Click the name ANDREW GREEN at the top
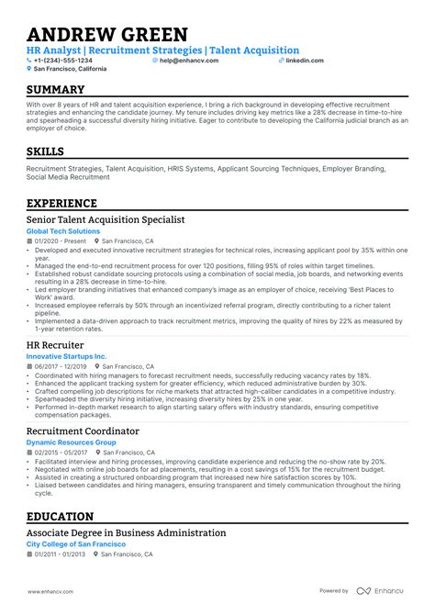106,35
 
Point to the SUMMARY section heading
56,90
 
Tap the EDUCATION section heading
61,517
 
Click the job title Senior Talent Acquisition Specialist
106,220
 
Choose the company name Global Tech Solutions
62,231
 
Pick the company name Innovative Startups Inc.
67,356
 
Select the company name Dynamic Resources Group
72,442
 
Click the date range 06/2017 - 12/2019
61,365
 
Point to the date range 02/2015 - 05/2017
61,453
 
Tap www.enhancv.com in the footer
50,591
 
